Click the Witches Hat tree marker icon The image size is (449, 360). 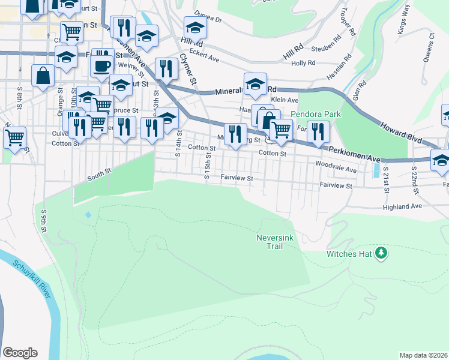pos(381,254)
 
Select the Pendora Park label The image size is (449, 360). pos(316,114)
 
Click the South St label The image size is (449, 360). pos(100,173)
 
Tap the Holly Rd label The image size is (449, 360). pos(303,63)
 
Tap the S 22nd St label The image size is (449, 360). pos(415,181)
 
